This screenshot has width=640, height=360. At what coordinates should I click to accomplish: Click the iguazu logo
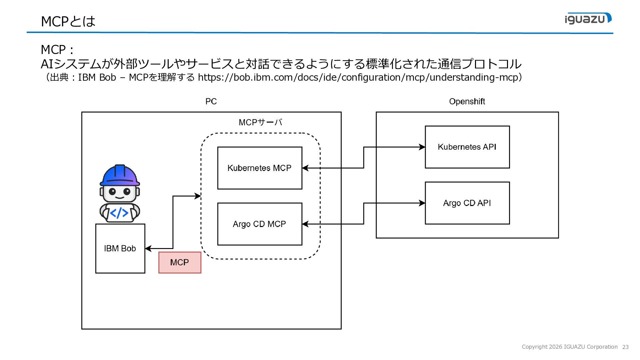pos(588,18)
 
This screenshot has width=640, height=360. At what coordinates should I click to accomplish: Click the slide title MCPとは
pos(68,21)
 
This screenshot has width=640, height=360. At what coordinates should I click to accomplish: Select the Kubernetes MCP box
pos(260,168)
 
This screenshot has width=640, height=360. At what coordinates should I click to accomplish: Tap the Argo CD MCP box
pos(260,224)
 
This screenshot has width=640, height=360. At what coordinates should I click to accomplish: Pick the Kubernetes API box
pos(467,147)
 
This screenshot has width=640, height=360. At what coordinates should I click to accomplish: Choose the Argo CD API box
pos(467,203)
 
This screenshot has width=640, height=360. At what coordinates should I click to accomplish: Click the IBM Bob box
pos(120,249)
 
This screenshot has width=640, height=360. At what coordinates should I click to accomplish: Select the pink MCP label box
pos(180,263)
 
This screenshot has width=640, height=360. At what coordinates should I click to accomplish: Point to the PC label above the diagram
pos(211,101)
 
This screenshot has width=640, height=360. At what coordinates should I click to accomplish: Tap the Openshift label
pos(467,101)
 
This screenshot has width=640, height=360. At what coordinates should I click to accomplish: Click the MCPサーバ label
pos(260,122)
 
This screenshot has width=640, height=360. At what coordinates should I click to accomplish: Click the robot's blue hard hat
pos(120,175)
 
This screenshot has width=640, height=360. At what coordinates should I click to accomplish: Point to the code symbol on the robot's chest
pos(119,213)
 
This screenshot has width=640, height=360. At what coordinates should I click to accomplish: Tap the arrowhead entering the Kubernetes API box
pos(422,147)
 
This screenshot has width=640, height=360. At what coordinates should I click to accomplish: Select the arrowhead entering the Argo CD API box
pos(422,203)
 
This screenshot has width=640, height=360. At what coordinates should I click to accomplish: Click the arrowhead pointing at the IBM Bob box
pos(148,248)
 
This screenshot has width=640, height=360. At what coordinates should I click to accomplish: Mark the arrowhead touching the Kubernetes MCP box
pos(305,168)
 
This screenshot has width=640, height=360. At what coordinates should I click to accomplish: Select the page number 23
pos(625,347)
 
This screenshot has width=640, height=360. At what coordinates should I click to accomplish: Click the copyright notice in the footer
pos(570,347)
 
